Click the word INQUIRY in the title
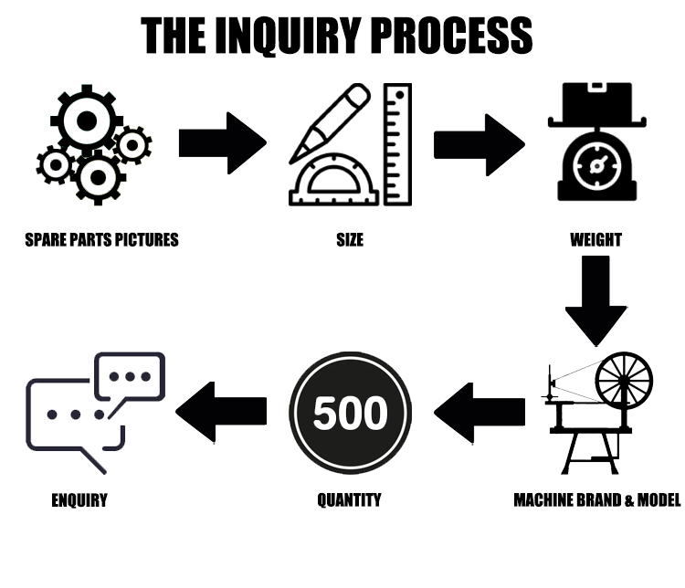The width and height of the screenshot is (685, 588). (x=288, y=36)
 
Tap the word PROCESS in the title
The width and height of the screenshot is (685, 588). (x=453, y=36)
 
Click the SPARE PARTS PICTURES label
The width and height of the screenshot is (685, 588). (x=101, y=240)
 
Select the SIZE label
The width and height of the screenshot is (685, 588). (x=350, y=240)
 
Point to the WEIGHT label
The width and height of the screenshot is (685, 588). (x=595, y=240)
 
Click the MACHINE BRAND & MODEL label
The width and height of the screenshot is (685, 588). (x=597, y=499)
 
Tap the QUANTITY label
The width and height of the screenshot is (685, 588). (x=350, y=499)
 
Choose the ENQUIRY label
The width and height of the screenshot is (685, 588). (x=79, y=500)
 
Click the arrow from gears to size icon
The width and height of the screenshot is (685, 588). (x=223, y=143)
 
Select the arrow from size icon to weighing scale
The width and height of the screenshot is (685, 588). (x=479, y=145)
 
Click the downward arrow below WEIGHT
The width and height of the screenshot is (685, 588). (x=595, y=300)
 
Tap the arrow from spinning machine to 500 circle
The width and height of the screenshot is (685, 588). (x=479, y=413)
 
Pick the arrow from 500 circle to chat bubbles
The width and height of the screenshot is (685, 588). (x=221, y=412)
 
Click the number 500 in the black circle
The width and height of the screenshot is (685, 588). (x=350, y=413)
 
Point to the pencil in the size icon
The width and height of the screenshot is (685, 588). (x=330, y=123)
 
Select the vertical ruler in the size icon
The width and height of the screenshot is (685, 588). (x=397, y=144)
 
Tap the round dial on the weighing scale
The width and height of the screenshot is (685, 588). (x=596, y=166)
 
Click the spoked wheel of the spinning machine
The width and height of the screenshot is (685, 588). (x=625, y=380)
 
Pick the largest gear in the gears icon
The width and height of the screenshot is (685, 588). (x=87, y=121)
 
